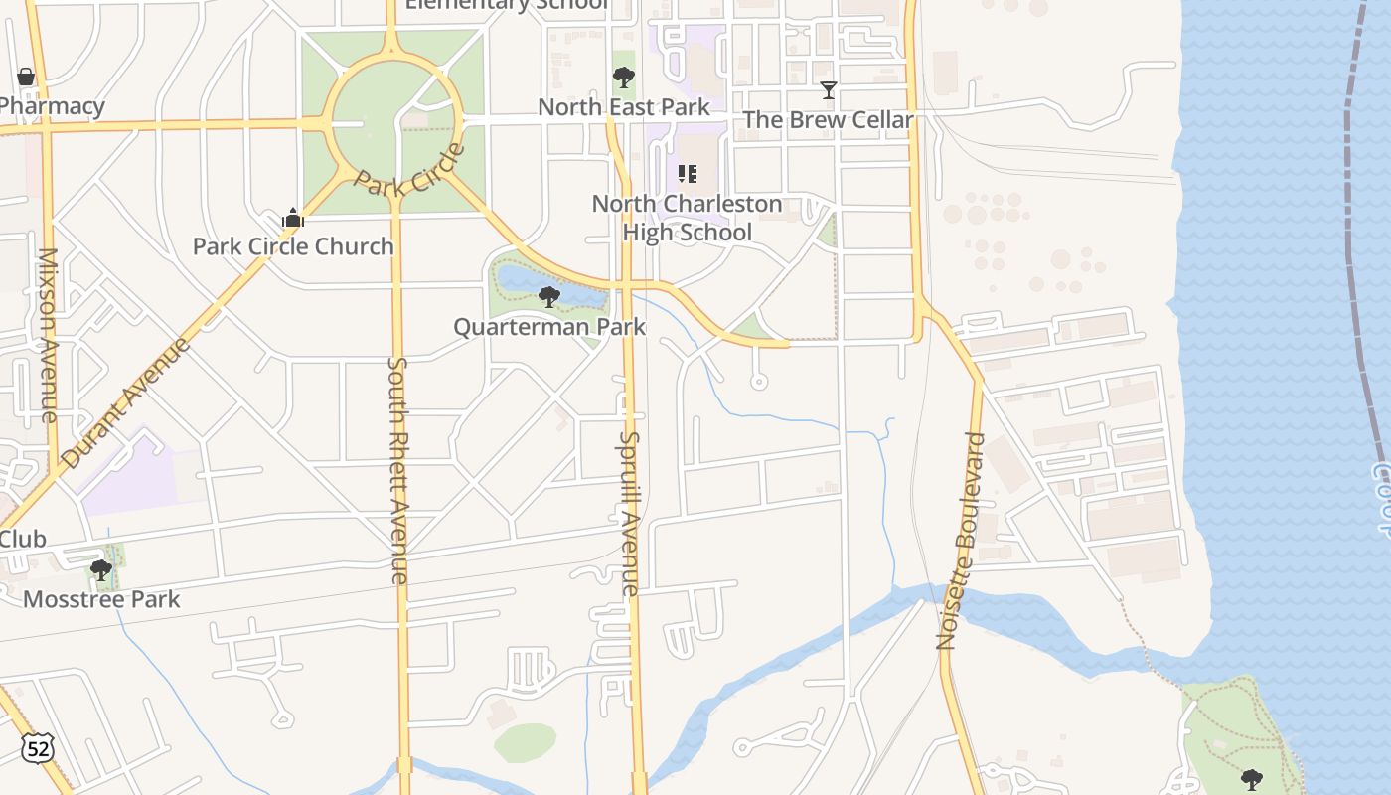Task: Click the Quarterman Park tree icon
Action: coord(548,296)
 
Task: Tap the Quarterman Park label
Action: coord(549,327)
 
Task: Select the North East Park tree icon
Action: coord(623,77)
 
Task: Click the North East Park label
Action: coord(624,107)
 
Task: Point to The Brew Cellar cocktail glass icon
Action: coord(828,90)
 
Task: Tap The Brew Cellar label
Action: coord(828,120)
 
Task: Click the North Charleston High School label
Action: coord(687,218)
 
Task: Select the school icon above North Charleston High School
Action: coord(687,174)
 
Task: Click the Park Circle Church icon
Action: coord(292,218)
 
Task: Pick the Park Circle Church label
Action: coord(293,246)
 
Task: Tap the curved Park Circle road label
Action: coord(409,170)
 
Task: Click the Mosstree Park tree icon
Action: coord(100,569)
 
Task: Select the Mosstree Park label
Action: coord(101,599)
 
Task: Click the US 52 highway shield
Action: coord(39,748)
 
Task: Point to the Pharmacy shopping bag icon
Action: coord(25,77)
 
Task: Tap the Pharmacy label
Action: coord(52,106)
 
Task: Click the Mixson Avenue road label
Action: coord(48,335)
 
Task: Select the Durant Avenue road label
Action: coord(125,401)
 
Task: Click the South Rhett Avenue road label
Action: coord(397,470)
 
